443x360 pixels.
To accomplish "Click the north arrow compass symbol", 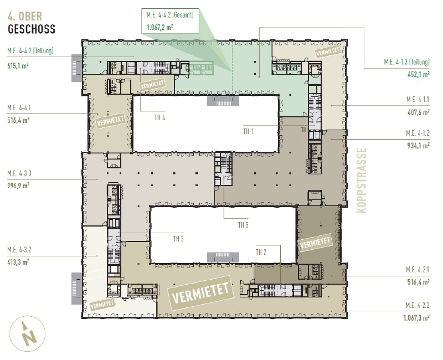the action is pyautogui.click(x=27, y=333).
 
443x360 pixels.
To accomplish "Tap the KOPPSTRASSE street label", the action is pyautogui.click(x=362, y=181).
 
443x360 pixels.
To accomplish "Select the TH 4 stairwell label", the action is pyautogui.click(x=159, y=117).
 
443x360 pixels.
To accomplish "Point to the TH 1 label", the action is pyautogui.click(x=248, y=131).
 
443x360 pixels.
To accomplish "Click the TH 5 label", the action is pyautogui.click(x=243, y=225).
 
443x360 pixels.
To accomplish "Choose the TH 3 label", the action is pyautogui.click(x=178, y=239).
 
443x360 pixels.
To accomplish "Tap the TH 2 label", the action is pyautogui.click(x=261, y=252).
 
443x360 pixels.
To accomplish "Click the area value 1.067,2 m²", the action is pyautogui.click(x=159, y=27).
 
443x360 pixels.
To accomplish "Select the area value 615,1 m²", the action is pyautogui.click(x=18, y=66).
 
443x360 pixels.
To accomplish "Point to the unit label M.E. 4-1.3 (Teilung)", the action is pyautogui.click(x=406, y=61).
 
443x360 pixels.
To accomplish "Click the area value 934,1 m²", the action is pyautogui.click(x=419, y=146).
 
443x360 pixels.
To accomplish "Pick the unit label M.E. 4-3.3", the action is pyautogui.click(x=19, y=173).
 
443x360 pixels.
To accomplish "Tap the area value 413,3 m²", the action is pyautogui.click(x=18, y=262).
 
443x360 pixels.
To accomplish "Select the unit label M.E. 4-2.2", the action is pyautogui.click(x=418, y=305).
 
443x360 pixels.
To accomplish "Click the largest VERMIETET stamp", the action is pyautogui.click(x=201, y=293).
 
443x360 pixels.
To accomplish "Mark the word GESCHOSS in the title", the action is pyautogui.click(x=32, y=29).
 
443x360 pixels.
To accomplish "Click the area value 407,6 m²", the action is pyautogui.click(x=419, y=112).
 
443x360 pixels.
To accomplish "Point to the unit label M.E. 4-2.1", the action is pyautogui.click(x=418, y=270).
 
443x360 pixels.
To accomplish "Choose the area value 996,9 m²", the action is pyautogui.click(x=18, y=186).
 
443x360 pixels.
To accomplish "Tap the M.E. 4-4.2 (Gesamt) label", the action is pyautogui.click(x=170, y=15).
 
